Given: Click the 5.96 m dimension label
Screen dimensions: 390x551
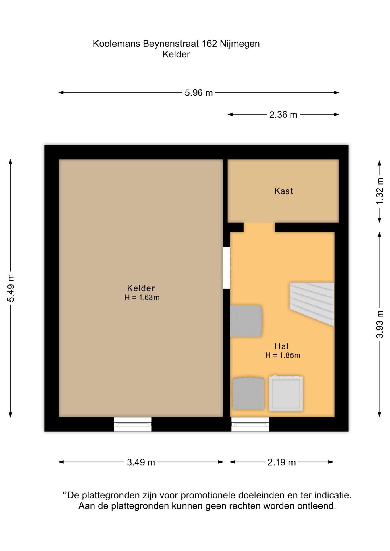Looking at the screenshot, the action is click(x=199, y=93).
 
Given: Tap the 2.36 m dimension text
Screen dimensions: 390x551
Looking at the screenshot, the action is click(x=283, y=115).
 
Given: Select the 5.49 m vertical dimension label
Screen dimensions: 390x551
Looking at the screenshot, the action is click(x=11, y=288).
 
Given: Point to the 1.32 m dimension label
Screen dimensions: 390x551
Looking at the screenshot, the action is click(x=379, y=191).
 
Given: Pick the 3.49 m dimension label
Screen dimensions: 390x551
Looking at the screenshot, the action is click(x=141, y=462).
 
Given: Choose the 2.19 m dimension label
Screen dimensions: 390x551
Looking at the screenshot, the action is click(x=281, y=462).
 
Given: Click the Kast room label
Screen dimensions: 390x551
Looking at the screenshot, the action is click(x=284, y=191).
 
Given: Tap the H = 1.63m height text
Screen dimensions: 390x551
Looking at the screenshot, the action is click(x=142, y=298).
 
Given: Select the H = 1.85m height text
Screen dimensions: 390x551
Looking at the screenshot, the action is click(x=283, y=356).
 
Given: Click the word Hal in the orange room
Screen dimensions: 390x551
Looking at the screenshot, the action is click(x=281, y=346).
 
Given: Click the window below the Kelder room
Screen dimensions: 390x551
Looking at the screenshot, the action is click(x=133, y=424).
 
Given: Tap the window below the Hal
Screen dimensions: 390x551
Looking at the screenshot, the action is click(x=250, y=424).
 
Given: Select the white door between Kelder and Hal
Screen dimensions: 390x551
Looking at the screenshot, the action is click(x=227, y=268).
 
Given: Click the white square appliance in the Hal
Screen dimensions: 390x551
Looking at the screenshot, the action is click(x=286, y=393).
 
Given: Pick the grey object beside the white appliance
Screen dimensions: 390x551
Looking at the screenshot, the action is click(x=248, y=393).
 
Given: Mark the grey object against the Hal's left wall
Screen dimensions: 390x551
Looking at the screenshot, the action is click(x=246, y=321).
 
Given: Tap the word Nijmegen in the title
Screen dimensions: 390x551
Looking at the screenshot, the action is click(x=240, y=44).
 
